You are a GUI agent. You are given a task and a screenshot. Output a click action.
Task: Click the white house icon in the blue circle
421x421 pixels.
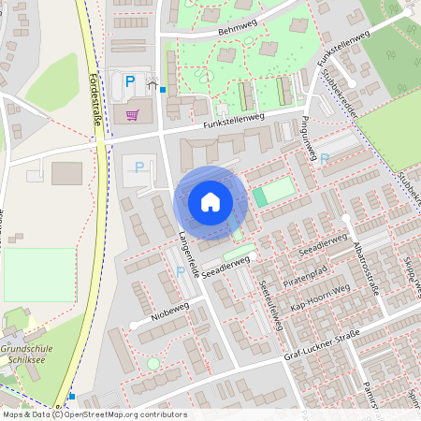pyautogui.click(x=210, y=202)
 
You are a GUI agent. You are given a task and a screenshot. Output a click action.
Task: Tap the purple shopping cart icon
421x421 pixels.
pyautogui.click(x=132, y=116)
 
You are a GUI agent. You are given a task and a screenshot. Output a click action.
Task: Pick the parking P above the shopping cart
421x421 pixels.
pyautogui.click(x=130, y=83)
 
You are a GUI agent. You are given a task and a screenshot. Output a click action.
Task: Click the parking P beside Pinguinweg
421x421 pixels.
pyautogui.click(x=325, y=159)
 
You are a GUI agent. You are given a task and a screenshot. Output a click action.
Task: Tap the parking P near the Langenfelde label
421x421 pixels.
pyautogui.click(x=181, y=271)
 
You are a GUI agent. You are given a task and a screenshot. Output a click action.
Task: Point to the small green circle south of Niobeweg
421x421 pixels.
pyautogui.click(x=153, y=363)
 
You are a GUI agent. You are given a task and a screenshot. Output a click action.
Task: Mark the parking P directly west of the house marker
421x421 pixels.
pyautogui.click(x=140, y=167)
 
